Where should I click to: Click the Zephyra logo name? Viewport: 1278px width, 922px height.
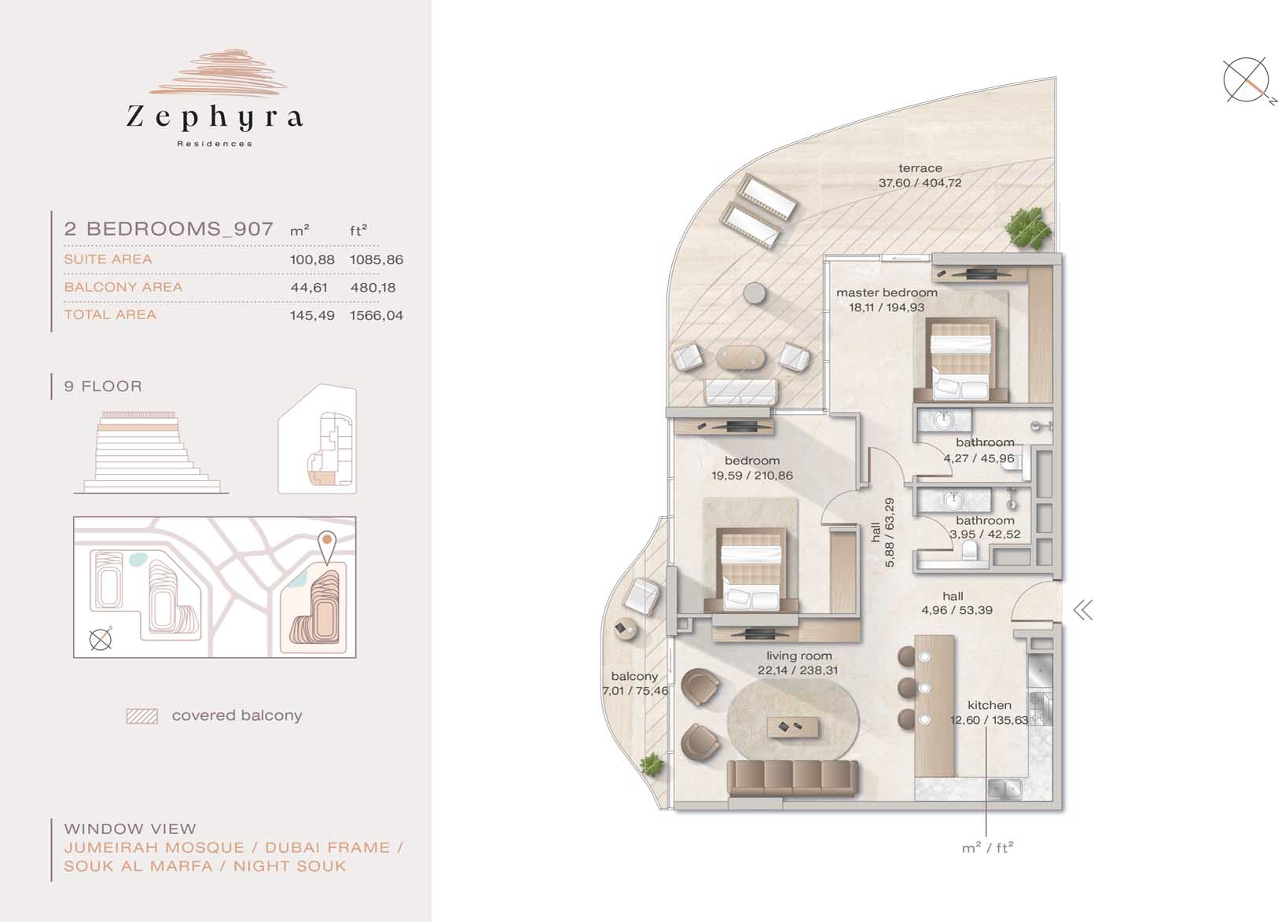(x=215, y=116)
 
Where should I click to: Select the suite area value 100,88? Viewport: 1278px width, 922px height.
(x=312, y=259)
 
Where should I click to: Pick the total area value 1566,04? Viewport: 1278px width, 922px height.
(x=376, y=315)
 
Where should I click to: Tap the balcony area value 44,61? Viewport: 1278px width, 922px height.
(x=309, y=288)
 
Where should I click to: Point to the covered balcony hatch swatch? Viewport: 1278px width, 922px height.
(x=142, y=716)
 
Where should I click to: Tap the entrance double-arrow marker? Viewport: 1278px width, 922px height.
(x=1083, y=610)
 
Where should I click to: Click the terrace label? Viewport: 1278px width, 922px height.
(x=920, y=168)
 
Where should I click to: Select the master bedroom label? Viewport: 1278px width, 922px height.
(x=887, y=292)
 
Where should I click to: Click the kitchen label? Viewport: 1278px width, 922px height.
(x=990, y=705)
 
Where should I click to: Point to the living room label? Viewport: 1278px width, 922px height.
(x=799, y=656)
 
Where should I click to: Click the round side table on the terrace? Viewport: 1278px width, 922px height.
(x=755, y=293)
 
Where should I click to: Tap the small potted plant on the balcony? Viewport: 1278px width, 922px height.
(x=652, y=764)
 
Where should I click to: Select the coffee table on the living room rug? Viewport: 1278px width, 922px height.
(x=792, y=727)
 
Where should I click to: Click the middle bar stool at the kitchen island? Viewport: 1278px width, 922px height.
(x=914, y=688)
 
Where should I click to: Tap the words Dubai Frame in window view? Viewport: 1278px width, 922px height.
(x=328, y=848)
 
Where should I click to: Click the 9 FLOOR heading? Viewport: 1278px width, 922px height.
(x=103, y=386)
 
